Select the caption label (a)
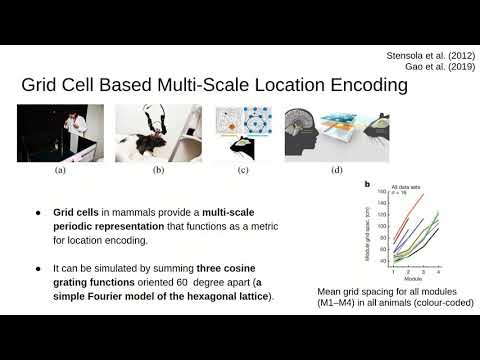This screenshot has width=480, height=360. click(60, 171)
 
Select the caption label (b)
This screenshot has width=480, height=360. click(159, 171)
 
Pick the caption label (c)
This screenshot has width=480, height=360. click(243, 171)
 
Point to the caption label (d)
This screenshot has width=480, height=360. click(334, 171)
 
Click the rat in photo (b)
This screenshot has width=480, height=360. click(150, 146)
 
